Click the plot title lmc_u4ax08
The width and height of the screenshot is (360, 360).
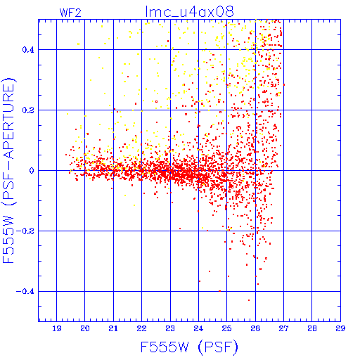189,11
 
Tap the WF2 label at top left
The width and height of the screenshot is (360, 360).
70,13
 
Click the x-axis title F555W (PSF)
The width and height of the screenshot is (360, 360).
189,347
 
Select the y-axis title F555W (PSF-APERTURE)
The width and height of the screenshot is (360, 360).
9,170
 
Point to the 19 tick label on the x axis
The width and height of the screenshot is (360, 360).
57,328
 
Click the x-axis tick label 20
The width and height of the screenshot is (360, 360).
85,328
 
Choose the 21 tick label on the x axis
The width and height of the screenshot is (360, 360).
113,328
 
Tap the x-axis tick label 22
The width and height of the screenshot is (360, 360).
142,328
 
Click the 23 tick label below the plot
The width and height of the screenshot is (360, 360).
170,328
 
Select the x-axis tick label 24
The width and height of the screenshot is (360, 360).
198,328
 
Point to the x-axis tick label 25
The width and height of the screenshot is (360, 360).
227,328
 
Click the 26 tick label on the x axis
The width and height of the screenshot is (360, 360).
255,328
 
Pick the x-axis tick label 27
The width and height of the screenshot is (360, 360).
284,328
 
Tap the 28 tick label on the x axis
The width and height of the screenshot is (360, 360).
312,328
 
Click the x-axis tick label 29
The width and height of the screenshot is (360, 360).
340,328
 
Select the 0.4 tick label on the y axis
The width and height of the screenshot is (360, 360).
28,50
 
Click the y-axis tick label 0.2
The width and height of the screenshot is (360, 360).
28,110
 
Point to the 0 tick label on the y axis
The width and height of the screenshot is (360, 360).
32,170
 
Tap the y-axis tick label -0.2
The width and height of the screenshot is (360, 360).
25,231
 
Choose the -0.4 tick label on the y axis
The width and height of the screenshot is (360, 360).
25,291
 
